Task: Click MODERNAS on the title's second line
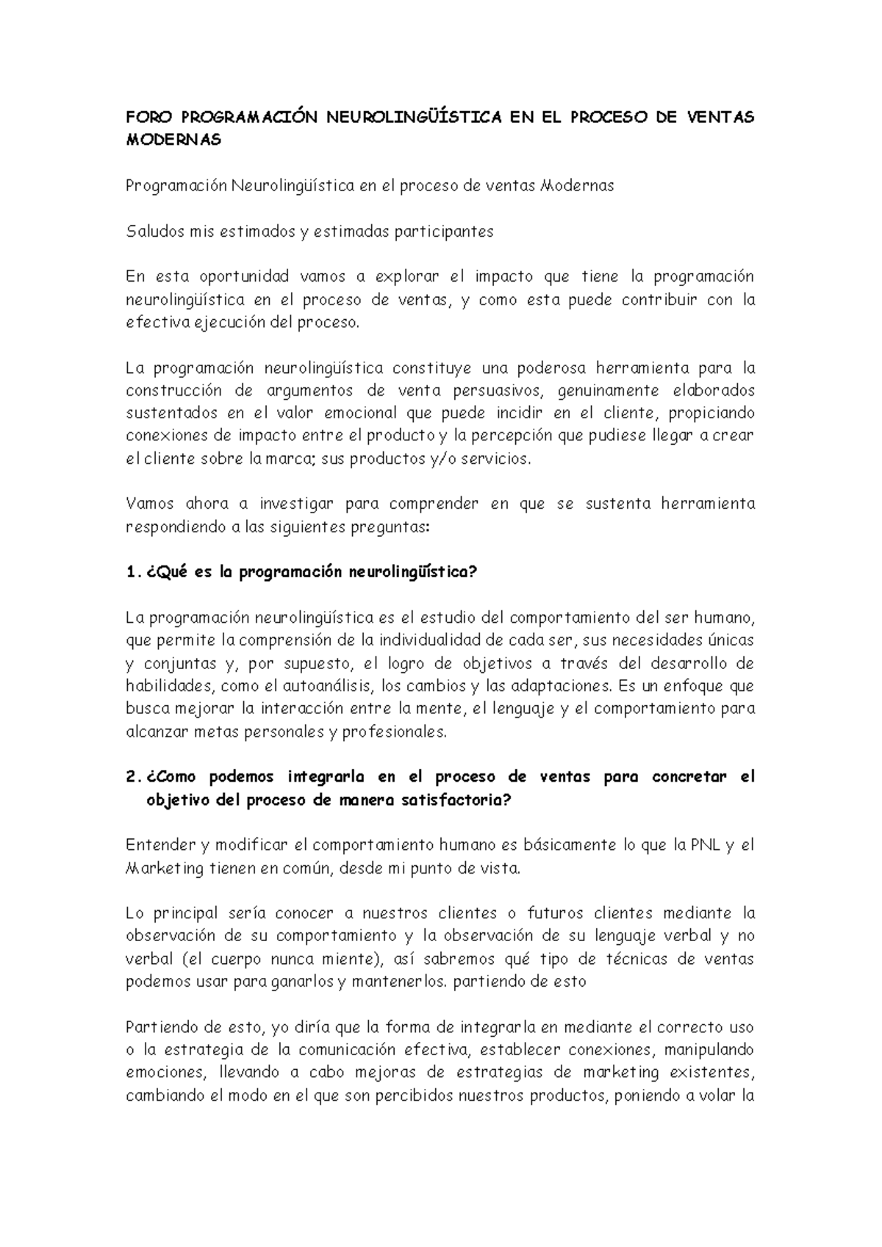pyautogui.click(x=173, y=140)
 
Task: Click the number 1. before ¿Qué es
pyautogui.click(x=132, y=573)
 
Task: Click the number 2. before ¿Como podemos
pyautogui.click(x=132, y=777)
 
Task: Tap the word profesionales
pyautogui.click(x=394, y=732)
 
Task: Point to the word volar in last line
pyautogui.click(x=719, y=1096)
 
